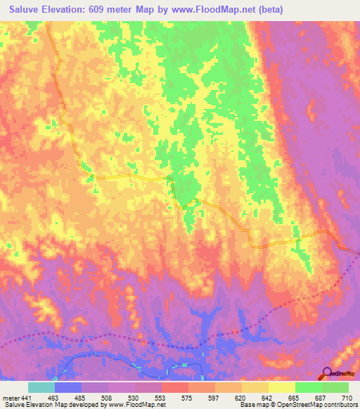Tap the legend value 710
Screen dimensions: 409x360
click(x=347, y=397)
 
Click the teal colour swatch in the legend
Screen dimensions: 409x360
click(x=41, y=387)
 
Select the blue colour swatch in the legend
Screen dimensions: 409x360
click(x=67, y=387)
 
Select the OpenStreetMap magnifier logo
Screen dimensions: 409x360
click(x=327, y=373)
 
